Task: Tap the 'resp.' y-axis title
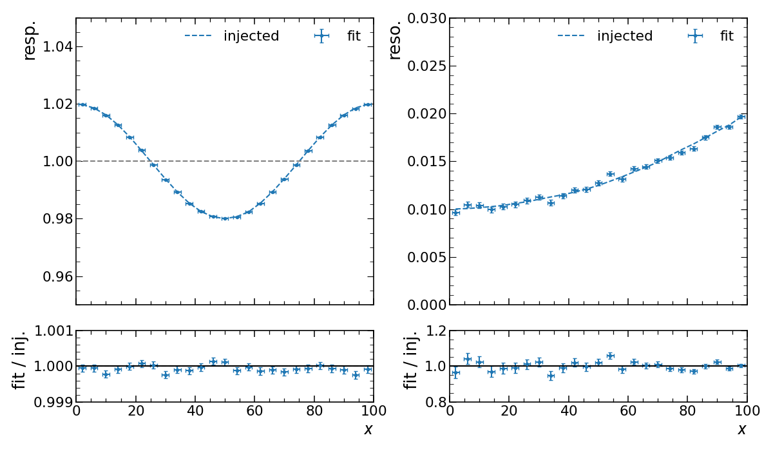click(30, 40)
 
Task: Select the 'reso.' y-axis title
click(395, 40)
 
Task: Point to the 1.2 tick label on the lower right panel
click(432, 331)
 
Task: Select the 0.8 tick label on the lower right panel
click(432, 402)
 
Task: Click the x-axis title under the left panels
click(368, 430)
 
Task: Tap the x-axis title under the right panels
click(741, 430)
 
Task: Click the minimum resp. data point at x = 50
click(225, 218)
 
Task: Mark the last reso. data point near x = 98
click(741, 117)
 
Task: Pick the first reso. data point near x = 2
click(455, 212)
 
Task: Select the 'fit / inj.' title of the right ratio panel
click(410, 360)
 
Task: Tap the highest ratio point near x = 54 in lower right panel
click(610, 356)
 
